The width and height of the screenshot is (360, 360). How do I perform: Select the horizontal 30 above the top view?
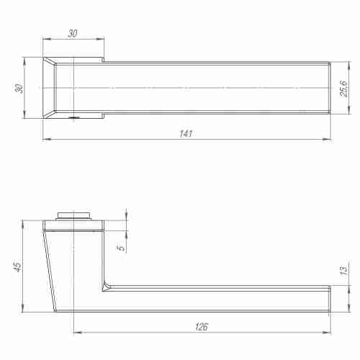tap(73, 32)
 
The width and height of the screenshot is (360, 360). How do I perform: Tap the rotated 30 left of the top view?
tap(20, 88)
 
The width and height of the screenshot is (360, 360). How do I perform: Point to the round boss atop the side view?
tap(74, 214)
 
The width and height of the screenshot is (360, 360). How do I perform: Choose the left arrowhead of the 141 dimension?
tap(45, 138)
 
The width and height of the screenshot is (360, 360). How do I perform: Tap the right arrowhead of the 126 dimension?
tap(328, 333)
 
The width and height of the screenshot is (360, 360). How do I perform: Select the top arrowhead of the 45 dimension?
tap(24, 222)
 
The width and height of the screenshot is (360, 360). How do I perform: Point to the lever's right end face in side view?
tap(330, 299)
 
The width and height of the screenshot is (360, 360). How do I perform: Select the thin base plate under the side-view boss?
tap(74, 224)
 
